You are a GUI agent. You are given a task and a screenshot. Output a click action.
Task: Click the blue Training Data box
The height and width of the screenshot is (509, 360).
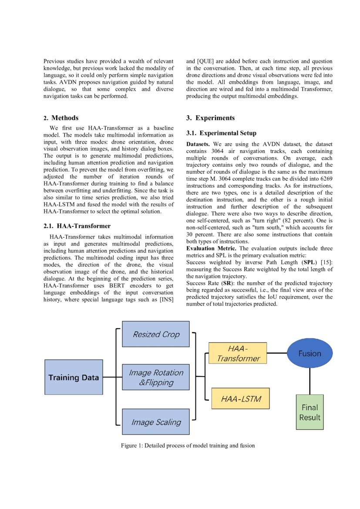74,377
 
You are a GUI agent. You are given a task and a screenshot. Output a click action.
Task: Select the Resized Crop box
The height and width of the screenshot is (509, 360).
156,334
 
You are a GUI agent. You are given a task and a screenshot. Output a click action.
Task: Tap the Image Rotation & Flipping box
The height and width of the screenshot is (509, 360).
156,378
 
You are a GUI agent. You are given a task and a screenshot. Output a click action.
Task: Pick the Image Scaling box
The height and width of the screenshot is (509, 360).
156,421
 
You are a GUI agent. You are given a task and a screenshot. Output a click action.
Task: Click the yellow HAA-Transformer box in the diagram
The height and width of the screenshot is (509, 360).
238,353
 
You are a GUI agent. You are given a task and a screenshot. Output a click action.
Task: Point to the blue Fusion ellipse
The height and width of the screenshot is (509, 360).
310,354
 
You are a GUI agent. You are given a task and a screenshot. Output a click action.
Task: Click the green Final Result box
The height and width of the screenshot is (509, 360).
310,412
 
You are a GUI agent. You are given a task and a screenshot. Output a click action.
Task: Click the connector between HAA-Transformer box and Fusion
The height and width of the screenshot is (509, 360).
276,353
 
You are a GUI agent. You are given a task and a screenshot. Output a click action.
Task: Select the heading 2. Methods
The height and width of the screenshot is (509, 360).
61,118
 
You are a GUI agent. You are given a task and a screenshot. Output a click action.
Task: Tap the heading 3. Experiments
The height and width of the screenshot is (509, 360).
210,118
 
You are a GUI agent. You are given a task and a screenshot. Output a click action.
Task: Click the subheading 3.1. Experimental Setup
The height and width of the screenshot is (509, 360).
221,133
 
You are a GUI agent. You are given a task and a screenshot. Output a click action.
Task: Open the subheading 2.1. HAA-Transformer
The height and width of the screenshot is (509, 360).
77,226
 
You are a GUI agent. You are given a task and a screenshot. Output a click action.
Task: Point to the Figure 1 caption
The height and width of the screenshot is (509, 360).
188,445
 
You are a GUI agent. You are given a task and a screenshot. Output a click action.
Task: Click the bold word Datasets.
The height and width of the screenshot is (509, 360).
198,144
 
